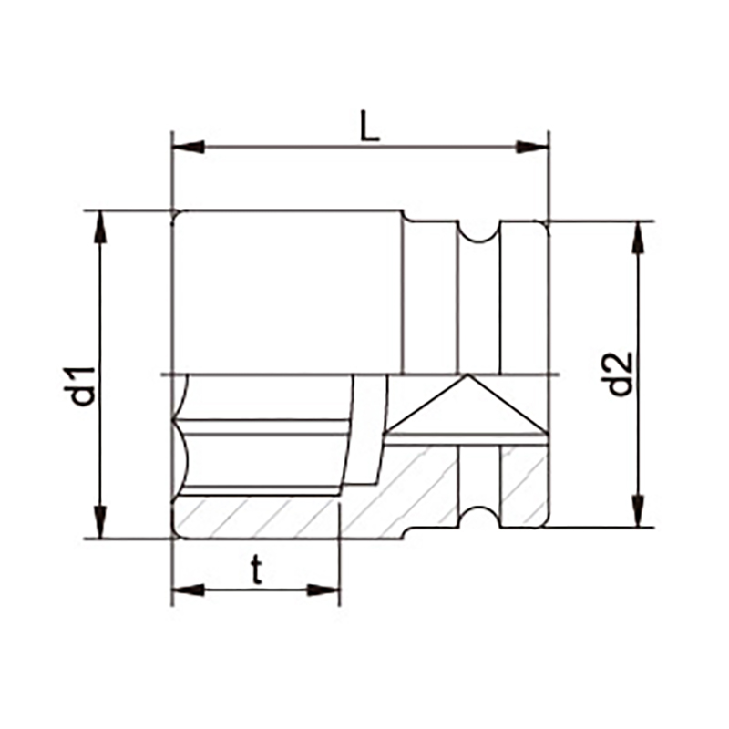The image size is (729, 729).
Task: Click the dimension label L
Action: (x=371, y=126)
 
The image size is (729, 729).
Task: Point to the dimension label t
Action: (x=256, y=570)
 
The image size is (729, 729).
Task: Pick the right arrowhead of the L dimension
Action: (x=532, y=147)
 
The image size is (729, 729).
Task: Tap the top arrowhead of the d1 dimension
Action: (x=100, y=227)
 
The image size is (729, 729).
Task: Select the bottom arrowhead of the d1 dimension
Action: (x=100, y=522)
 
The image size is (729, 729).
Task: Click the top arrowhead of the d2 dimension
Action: (x=639, y=238)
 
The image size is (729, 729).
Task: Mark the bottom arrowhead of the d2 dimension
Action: (x=639, y=511)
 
